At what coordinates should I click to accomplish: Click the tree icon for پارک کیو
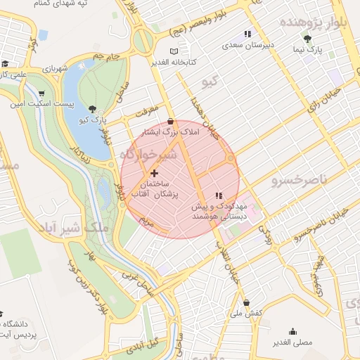(x=94, y=108)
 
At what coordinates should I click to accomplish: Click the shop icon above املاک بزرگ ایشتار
(x=171, y=122)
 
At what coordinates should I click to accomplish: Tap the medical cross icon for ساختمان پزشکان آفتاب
(x=155, y=173)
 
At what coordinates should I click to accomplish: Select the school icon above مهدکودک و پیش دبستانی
(x=219, y=194)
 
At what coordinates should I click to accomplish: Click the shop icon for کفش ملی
(x=246, y=302)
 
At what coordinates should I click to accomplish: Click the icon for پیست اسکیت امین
(x=41, y=94)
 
